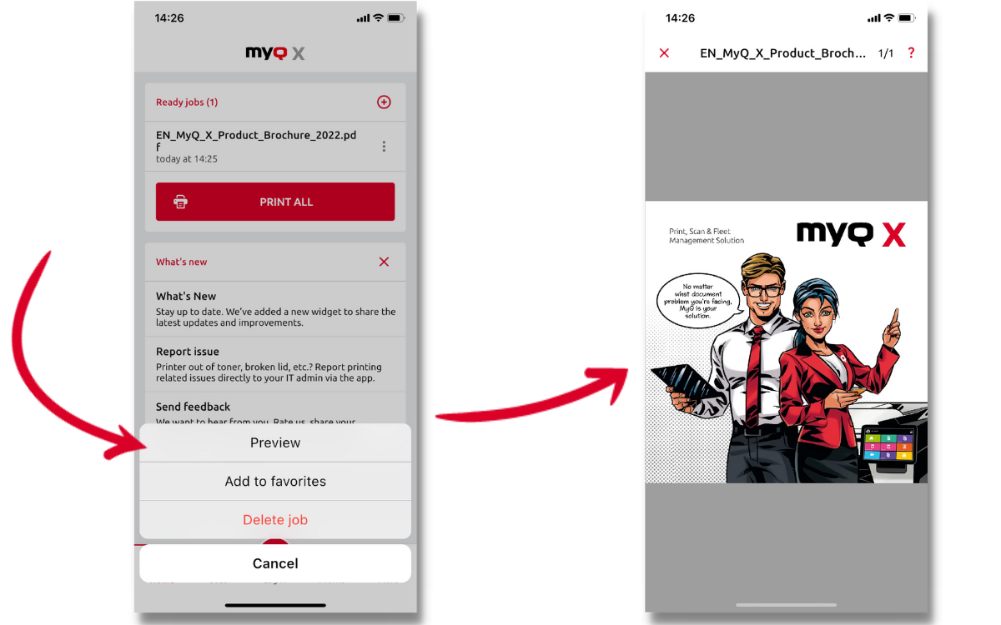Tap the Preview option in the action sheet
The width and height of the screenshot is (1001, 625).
tap(275, 442)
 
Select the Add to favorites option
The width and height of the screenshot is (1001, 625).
tap(275, 481)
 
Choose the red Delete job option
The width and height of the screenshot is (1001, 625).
tap(275, 520)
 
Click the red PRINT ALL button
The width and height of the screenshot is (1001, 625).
tap(275, 202)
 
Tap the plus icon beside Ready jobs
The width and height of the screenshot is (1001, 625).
tap(384, 102)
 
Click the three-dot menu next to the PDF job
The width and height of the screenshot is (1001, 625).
tap(384, 147)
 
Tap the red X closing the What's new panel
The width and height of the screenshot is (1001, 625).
tap(384, 262)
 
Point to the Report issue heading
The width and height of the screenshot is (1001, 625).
tap(188, 352)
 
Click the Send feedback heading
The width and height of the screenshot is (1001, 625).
tap(193, 407)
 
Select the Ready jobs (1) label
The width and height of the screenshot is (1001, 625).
tap(187, 102)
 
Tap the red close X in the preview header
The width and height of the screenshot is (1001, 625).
tap(664, 53)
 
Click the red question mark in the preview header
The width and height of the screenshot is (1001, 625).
tap(911, 53)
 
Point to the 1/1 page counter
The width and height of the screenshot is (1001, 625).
tap(886, 53)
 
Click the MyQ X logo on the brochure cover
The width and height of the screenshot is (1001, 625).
tap(851, 234)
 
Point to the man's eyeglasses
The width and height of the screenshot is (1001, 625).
tap(762, 291)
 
